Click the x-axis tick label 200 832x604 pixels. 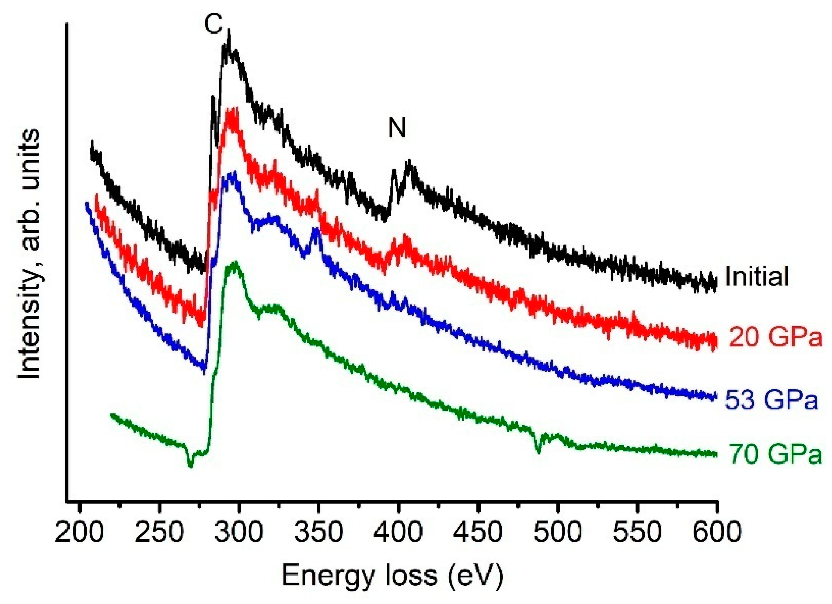[79, 532]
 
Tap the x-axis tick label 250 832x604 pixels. [159, 532]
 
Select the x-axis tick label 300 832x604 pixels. [239, 532]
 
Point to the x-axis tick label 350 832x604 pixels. [319, 532]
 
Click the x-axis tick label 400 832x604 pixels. [399, 532]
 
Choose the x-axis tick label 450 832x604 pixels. [478, 532]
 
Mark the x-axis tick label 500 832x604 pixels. [558, 532]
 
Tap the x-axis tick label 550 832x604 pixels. [638, 532]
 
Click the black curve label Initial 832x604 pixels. [756, 277]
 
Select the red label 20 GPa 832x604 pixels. [776, 338]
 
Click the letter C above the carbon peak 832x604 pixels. [214, 25]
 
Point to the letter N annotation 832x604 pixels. [397, 128]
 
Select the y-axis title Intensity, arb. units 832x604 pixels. [29, 254]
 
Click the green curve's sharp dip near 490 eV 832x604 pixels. [538, 451]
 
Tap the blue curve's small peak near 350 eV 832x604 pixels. [316, 231]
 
